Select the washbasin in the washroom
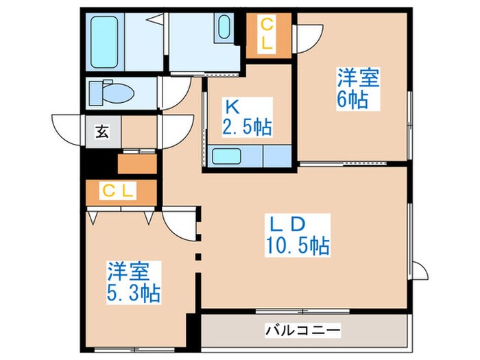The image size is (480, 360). tap(225, 28)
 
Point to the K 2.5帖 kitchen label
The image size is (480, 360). tap(245, 117)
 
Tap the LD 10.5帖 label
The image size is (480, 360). tap(297, 234)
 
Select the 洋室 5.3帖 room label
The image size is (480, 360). tap(133, 282)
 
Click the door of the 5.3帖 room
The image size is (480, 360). tap(180, 221)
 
